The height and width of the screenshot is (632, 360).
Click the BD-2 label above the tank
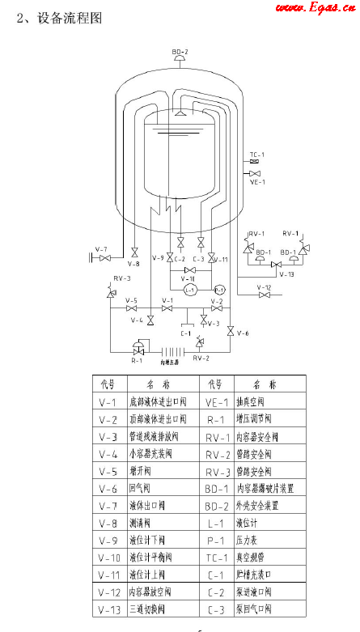click(x=180, y=51)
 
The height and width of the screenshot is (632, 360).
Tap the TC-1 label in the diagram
click(x=256, y=154)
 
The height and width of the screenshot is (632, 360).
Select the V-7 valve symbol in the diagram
click(x=104, y=258)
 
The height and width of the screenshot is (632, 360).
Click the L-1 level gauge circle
click(x=190, y=289)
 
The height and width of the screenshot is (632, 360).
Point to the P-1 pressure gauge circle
click(x=219, y=289)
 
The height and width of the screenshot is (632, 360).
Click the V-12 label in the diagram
click(x=264, y=286)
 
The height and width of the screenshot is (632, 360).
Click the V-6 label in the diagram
click(x=243, y=333)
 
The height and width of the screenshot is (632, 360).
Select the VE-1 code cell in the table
click(x=215, y=401)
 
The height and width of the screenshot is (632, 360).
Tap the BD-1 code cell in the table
click(x=216, y=489)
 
